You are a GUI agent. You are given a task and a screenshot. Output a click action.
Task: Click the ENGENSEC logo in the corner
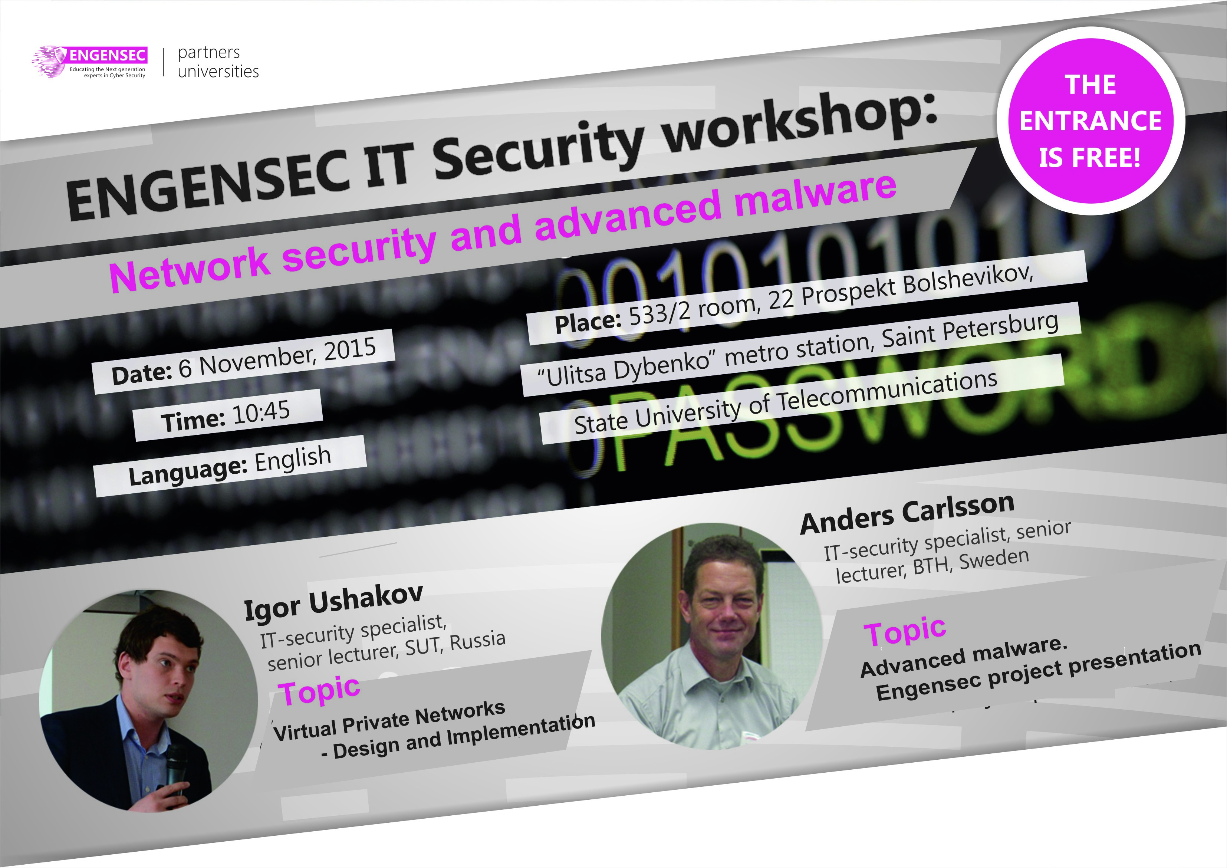coord(89,62)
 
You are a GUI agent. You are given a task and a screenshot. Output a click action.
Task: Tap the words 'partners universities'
coord(218,62)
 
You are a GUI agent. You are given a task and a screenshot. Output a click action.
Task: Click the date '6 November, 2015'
coord(277,358)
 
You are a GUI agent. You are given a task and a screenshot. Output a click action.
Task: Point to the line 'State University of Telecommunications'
coord(786,402)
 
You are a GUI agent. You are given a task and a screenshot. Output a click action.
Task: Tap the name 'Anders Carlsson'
coord(907,514)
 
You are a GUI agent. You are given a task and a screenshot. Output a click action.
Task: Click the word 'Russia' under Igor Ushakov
coord(478,641)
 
